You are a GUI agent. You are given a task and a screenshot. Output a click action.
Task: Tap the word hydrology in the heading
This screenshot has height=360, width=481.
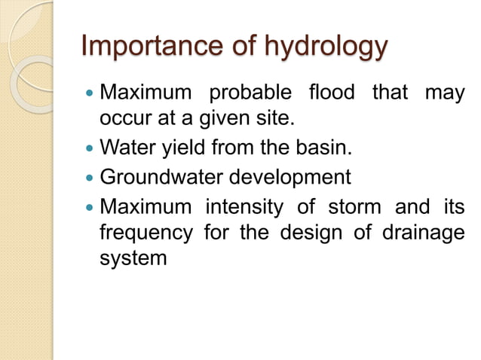click(327, 47)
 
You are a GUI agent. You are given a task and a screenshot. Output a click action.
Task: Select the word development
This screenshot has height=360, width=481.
click(290, 178)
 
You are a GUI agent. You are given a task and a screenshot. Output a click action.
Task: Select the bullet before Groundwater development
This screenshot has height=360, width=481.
click(90, 178)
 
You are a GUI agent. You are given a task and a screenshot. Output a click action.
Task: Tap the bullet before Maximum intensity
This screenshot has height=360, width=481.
click(90, 206)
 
